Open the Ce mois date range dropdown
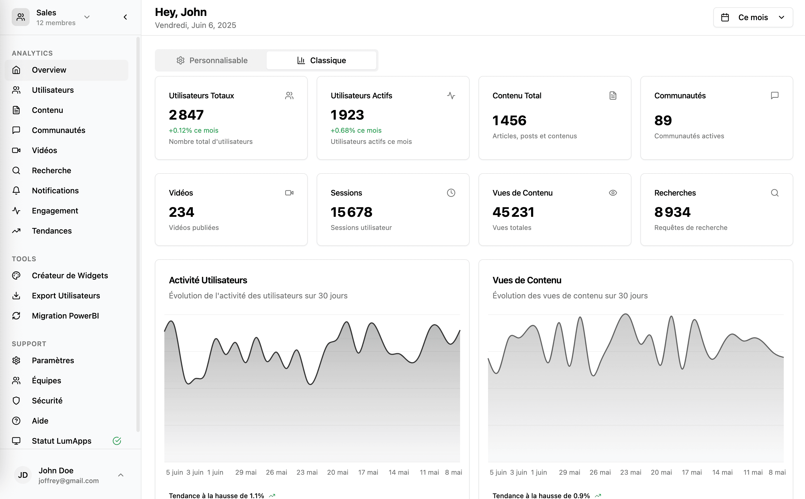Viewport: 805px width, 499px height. [x=753, y=18]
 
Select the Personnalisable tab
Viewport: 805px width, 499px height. [x=212, y=60]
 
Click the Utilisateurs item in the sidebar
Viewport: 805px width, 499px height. [x=53, y=90]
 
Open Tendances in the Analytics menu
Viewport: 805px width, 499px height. [x=51, y=231]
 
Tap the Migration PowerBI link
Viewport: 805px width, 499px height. [x=65, y=315]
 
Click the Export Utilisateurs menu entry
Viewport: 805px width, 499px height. [x=66, y=295]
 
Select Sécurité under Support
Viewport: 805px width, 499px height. [x=47, y=400]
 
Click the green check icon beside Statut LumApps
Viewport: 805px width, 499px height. [x=117, y=441]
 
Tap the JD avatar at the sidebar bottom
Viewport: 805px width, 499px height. [x=23, y=475]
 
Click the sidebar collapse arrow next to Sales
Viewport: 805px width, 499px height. [x=125, y=17]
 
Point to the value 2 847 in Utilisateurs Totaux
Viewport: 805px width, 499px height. [x=186, y=115]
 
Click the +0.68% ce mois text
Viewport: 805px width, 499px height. [x=356, y=130]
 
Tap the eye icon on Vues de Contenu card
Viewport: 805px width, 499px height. [x=613, y=193]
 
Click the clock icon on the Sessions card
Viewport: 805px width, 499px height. [x=451, y=193]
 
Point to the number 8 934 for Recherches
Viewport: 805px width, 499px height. [x=672, y=212]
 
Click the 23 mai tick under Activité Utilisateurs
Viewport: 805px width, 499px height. [x=307, y=472]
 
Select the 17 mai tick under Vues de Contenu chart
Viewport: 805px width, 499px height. [x=692, y=472]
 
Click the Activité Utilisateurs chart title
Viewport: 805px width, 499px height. [x=208, y=280]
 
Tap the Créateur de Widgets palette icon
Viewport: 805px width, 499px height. [x=16, y=275]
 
